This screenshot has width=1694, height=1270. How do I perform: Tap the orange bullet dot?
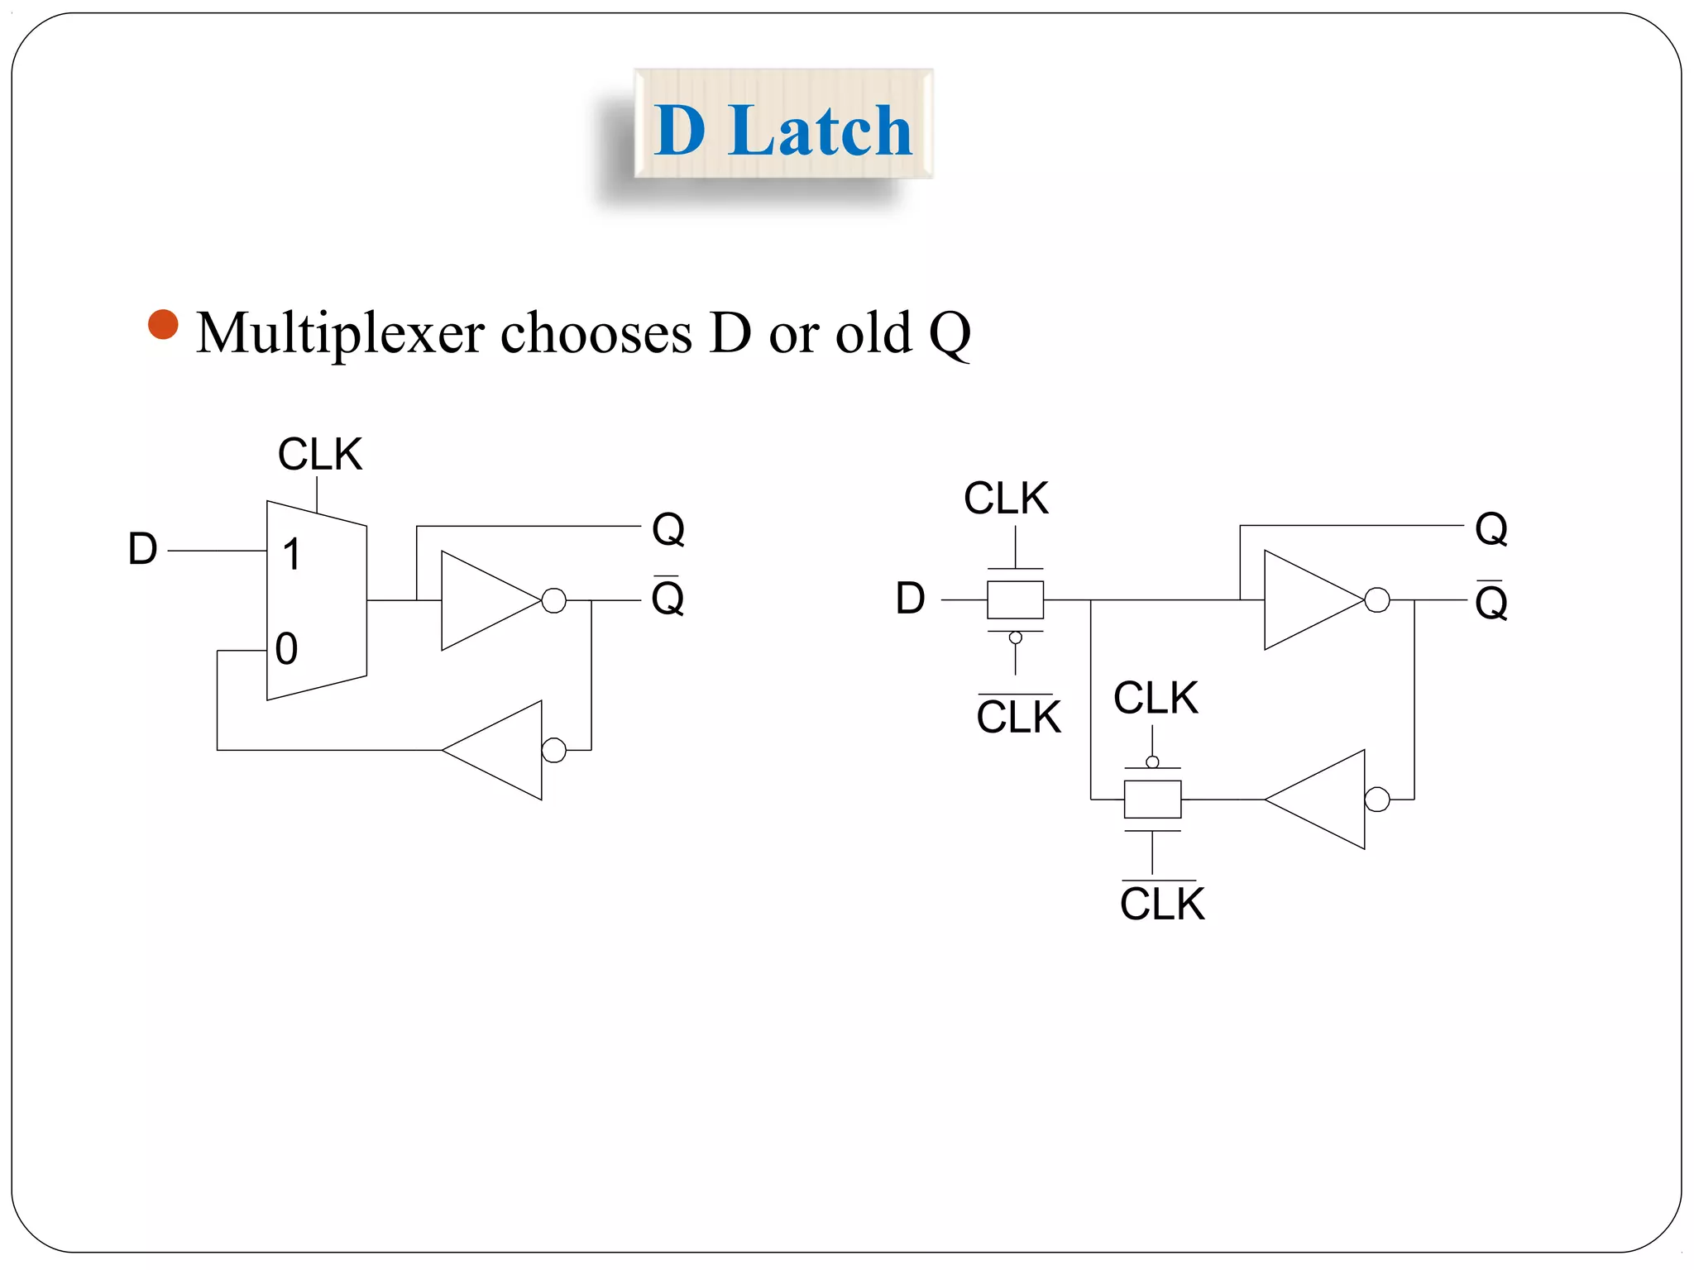click(x=163, y=324)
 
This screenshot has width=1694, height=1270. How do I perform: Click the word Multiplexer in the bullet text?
click(x=340, y=333)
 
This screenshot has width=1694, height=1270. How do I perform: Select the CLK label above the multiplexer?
click(x=320, y=455)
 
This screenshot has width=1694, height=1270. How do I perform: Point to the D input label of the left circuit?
click(x=142, y=550)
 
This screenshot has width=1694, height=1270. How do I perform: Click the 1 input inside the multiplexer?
click(x=291, y=554)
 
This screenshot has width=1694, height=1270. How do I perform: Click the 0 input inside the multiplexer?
click(x=286, y=649)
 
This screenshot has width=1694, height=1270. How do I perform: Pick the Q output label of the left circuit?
click(x=668, y=528)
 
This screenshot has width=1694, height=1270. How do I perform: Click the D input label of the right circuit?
click(x=910, y=599)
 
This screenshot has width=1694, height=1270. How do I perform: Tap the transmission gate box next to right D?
click(x=1015, y=599)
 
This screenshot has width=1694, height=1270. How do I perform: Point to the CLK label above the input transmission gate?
click(x=1006, y=499)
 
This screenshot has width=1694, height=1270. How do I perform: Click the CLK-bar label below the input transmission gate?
click(x=1018, y=716)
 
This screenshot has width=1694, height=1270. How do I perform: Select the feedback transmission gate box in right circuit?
click(x=1152, y=799)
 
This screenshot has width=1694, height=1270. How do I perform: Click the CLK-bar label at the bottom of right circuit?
click(x=1161, y=903)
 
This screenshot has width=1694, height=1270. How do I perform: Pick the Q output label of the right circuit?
click(x=1491, y=528)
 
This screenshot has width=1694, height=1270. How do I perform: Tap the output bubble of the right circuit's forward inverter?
click(x=1377, y=600)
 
